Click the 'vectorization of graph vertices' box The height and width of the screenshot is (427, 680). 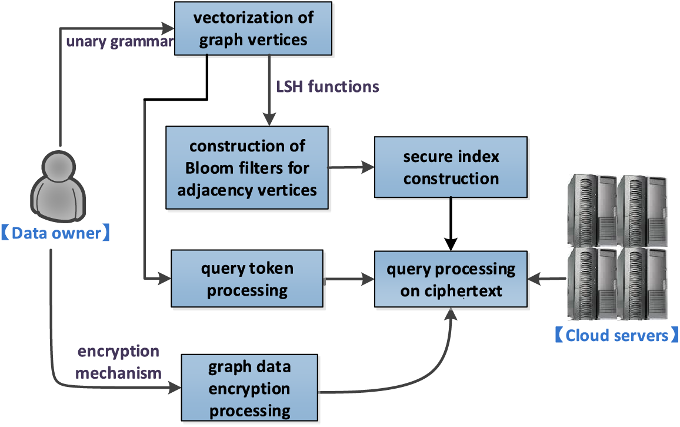[x=254, y=28]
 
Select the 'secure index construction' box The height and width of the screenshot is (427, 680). [x=451, y=167]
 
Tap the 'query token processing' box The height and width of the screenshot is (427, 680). [x=246, y=279]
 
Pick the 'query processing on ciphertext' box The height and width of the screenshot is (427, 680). [x=451, y=279]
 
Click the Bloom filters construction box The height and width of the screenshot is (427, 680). [x=247, y=167]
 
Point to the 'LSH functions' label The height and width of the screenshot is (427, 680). [x=328, y=87]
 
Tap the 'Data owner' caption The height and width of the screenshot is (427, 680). [x=56, y=233]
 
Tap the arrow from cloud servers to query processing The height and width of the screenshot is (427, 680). [x=546, y=279]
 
